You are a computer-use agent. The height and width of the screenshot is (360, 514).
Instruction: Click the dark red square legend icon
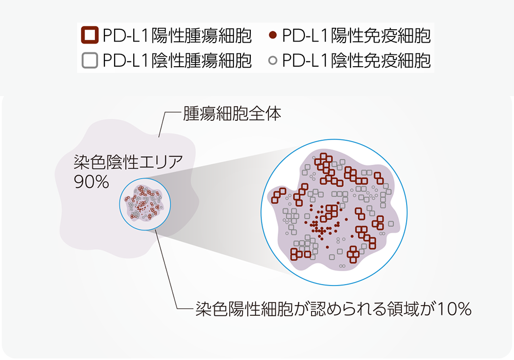90,35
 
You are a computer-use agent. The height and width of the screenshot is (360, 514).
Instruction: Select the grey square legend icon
90,60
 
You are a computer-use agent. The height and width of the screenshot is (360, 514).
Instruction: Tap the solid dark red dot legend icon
272,35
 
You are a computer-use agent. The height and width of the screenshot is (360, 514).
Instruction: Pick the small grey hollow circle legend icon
272,61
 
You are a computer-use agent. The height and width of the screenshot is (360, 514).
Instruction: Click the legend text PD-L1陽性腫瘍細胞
177,35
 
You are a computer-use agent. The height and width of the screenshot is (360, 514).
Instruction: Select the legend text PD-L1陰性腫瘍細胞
177,61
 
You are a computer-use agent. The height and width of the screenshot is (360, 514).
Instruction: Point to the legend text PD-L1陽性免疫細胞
356,35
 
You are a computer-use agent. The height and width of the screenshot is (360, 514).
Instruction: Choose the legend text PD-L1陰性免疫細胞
356,61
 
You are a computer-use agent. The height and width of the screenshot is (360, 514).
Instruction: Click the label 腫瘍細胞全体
232,113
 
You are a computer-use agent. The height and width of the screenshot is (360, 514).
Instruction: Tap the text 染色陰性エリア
128,162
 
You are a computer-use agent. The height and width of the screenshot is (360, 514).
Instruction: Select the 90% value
91,182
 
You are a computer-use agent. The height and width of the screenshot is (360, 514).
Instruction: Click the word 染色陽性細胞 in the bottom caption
244,309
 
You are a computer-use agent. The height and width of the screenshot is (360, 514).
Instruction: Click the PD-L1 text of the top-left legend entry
126,35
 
